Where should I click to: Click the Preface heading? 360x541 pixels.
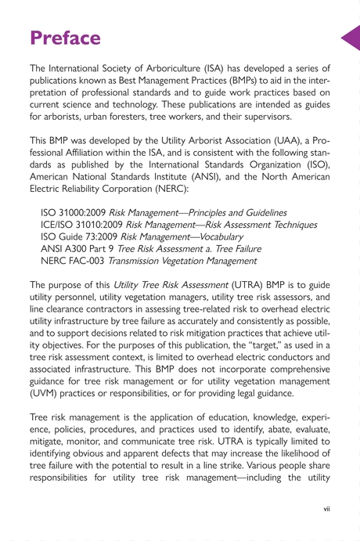(65, 37)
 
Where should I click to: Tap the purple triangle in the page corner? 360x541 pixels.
(351, 38)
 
